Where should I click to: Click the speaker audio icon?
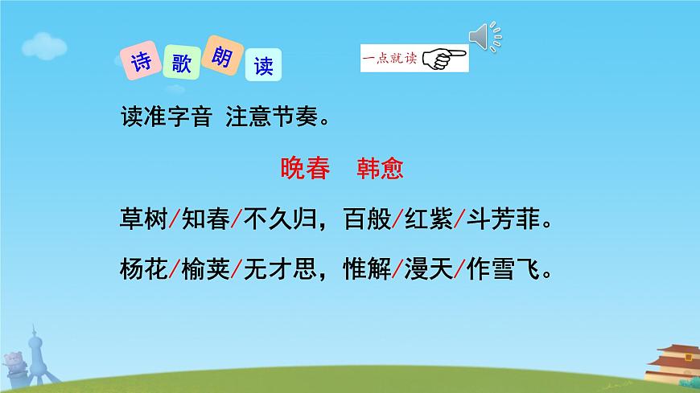tap(484, 36)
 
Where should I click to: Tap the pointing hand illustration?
tap(444, 58)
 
